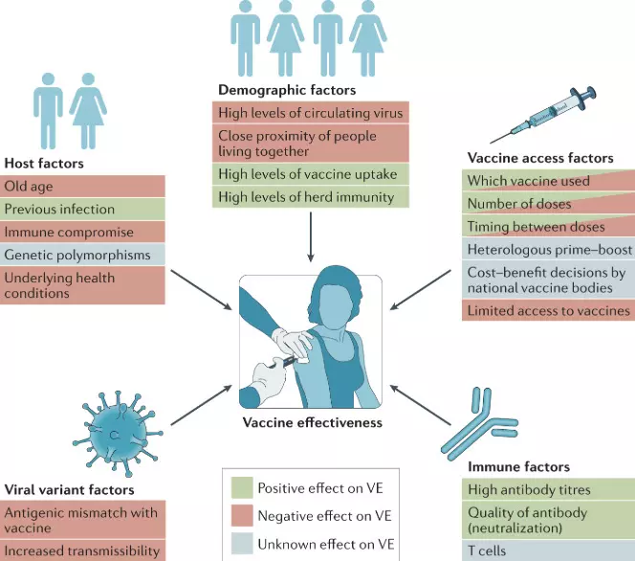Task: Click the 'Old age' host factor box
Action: pyautogui.click(x=84, y=186)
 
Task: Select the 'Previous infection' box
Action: pyautogui.click(x=84, y=209)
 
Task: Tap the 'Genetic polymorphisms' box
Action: pyautogui.click(x=84, y=255)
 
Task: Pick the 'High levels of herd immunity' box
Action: pyautogui.click(x=310, y=197)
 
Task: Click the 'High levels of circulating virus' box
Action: pyautogui.click(x=310, y=112)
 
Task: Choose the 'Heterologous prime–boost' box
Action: pyautogui.click(x=547, y=250)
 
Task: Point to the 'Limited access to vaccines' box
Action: pyautogui.click(x=547, y=310)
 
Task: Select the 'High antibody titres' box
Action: pyautogui.click(x=547, y=489)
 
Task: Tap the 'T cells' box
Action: pyautogui.click(x=547, y=550)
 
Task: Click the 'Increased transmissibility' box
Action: pyautogui.click(x=84, y=550)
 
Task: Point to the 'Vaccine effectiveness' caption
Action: pyautogui.click(x=312, y=422)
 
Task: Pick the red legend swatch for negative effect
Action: pyautogui.click(x=241, y=516)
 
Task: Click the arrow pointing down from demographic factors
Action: pyautogui.click(x=310, y=237)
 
